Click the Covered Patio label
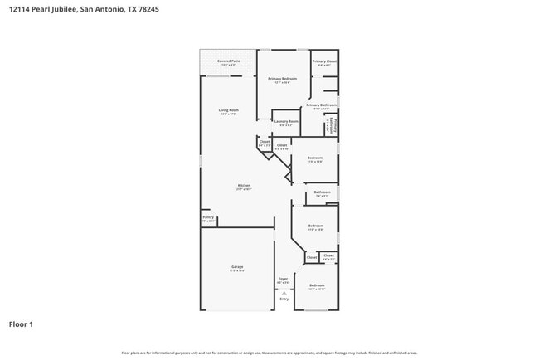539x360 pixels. click(229, 61)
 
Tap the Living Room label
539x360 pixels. click(229, 110)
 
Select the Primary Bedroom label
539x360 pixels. click(283, 79)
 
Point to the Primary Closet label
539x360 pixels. click(324, 61)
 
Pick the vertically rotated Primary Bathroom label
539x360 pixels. click(333, 124)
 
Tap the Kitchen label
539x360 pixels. click(244, 185)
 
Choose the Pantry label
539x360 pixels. click(208, 217)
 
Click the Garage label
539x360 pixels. click(237, 266)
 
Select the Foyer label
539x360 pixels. click(283, 279)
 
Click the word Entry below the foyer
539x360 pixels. click(284, 299)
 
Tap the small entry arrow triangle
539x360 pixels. click(284, 293)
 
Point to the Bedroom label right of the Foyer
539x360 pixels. click(317, 285)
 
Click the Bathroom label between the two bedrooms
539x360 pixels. click(322, 192)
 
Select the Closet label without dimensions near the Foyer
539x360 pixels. click(312, 257)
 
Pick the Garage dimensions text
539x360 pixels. click(237, 270)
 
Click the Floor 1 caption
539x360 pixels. click(21, 324)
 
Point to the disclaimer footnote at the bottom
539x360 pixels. click(269, 353)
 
